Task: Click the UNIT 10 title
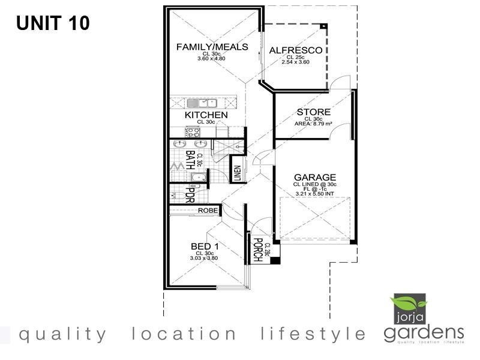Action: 53,23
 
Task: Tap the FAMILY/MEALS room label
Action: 212,47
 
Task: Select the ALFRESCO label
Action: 296,50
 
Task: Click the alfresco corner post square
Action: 323,27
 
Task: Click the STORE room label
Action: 313,112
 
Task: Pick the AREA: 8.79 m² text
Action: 313,124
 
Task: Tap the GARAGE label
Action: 314,178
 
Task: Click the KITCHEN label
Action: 206,115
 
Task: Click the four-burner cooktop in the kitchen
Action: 194,133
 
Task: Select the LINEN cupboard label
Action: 238,173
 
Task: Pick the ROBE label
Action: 208,211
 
